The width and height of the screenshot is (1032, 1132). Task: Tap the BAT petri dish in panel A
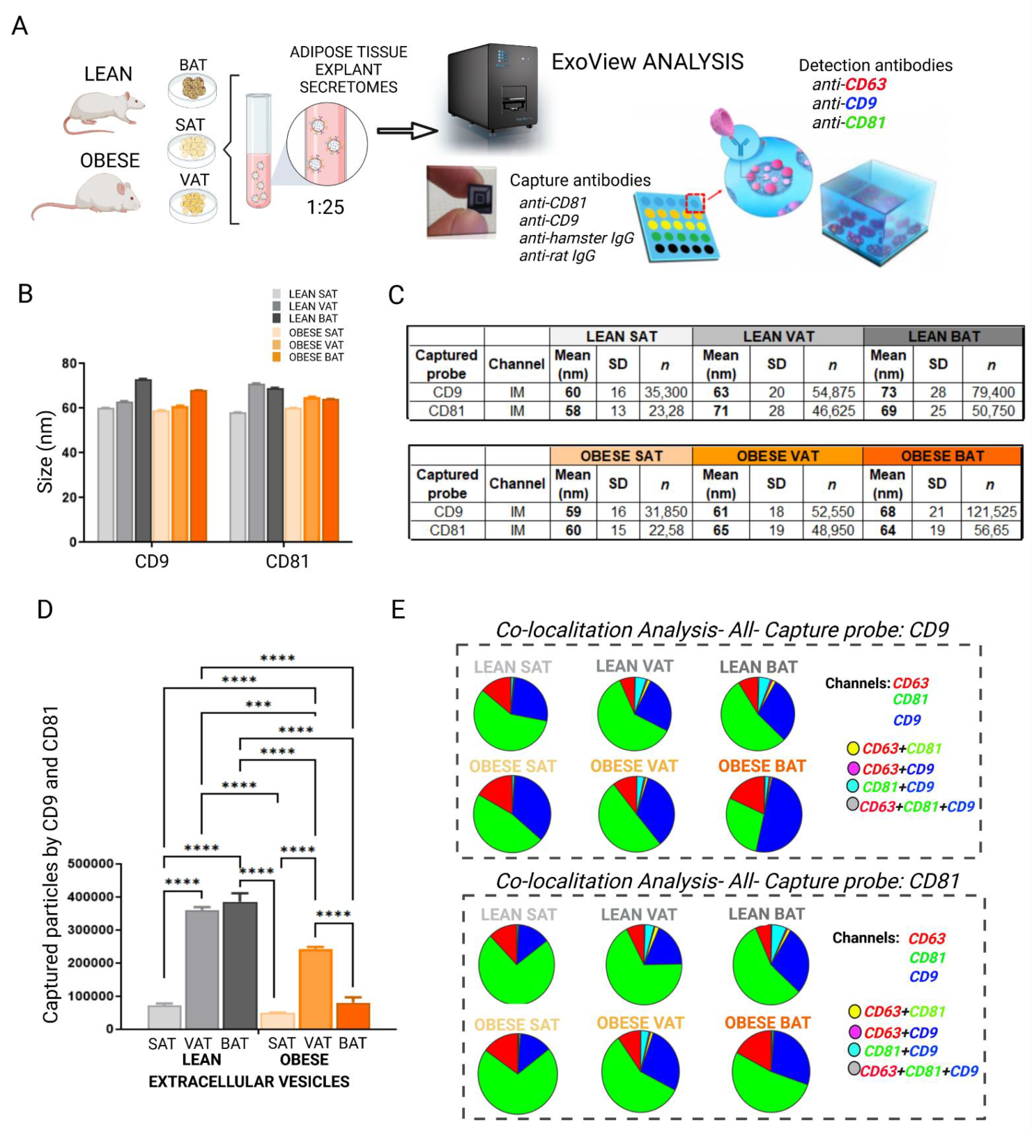pyautogui.click(x=192, y=89)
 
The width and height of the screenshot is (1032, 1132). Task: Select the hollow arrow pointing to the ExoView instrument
pyautogui.click(x=407, y=130)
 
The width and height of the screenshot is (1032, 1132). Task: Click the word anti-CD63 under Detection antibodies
pyautogui.click(x=849, y=84)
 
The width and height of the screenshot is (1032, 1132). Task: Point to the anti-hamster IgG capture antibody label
pyautogui.click(x=576, y=238)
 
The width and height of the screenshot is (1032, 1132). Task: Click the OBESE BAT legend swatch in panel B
pyautogui.click(x=277, y=357)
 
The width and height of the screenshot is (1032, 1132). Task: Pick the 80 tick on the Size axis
pyautogui.click(x=70, y=363)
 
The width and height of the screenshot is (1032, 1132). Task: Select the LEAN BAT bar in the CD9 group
pyautogui.click(x=143, y=460)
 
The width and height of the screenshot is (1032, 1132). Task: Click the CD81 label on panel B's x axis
pyautogui.click(x=287, y=561)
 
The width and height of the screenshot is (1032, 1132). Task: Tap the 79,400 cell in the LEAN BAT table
pyautogui.click(x=992, y=392)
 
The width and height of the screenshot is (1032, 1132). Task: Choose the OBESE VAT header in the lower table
pyautogui.click(x=777, y=456)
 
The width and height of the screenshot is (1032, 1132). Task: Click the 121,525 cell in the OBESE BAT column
pyautogui.click(x=991, y=512)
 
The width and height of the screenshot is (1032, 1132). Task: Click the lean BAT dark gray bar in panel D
pyautogui.click(x=240, y=965)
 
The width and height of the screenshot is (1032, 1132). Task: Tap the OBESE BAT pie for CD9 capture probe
pyautogui.click(x=764, y=814)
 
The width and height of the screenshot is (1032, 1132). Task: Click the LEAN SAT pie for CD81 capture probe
pyautogui.click(x=516, y=965)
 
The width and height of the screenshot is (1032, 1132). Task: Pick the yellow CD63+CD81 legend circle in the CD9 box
pyautogui.click(x=853, y=748)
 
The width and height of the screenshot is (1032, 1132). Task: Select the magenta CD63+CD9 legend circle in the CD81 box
pyautogui.click(x=854, y=1032)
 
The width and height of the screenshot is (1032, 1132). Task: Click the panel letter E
pyautogui.click(x=398, y=610)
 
